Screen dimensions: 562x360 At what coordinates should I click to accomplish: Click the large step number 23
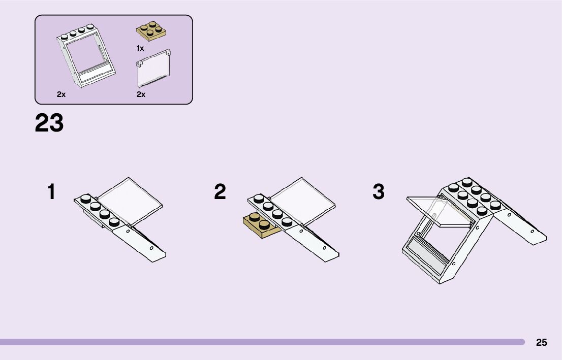point(49,123)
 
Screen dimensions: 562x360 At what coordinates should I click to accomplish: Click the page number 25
point(542,343)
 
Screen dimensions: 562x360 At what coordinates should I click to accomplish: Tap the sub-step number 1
point(51,192)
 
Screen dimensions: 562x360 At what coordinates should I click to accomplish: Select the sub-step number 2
point(220,192)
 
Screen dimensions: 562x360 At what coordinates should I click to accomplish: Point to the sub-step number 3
point(379,192)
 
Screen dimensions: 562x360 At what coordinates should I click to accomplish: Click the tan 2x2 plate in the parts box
point(151,31)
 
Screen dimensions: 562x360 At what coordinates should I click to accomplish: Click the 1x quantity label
point(140,49)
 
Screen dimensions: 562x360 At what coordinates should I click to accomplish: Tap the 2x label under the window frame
point(61,94)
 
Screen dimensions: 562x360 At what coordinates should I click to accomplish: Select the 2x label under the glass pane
point(141,94)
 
